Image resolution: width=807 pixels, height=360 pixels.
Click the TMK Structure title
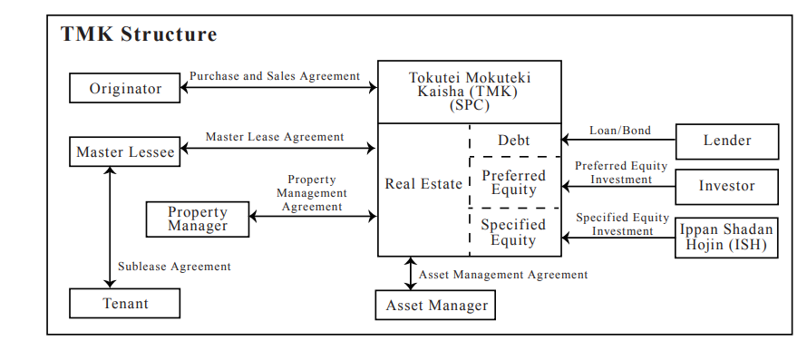click(139, 35)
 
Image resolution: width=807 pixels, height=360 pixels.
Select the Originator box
click(125, 88)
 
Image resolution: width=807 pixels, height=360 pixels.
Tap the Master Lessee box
click(125, 151)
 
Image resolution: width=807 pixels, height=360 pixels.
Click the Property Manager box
click(198, 219)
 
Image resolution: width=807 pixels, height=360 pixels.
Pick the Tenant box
click(125, 303)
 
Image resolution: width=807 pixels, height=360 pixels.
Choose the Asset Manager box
click(436, 306)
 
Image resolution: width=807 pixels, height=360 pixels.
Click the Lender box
click(727, 141)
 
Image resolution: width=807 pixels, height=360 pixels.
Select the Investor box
click(727, 186)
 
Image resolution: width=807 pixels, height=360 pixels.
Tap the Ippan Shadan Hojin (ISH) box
click(727, 237)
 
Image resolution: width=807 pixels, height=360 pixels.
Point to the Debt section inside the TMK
click(514, 141)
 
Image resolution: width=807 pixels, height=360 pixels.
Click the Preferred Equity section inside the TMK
click(514, 182)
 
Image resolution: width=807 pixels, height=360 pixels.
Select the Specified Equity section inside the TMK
click(514, 232)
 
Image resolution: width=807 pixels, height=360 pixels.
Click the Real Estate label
click(423, 184)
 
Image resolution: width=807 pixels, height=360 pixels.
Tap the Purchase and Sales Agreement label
click(275, 76)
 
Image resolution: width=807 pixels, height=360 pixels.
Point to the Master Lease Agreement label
click(275, 137)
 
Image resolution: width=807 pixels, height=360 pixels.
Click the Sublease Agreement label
click(174, 267)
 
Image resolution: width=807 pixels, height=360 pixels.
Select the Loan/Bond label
click(620, 131)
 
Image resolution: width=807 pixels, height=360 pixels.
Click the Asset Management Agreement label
click(503, 275)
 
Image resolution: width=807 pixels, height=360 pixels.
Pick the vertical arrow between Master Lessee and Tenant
click(111, 227)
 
